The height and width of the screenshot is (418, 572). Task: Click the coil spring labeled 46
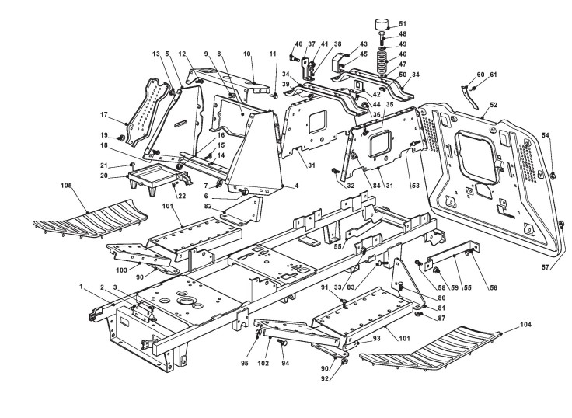coord(382,58)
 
